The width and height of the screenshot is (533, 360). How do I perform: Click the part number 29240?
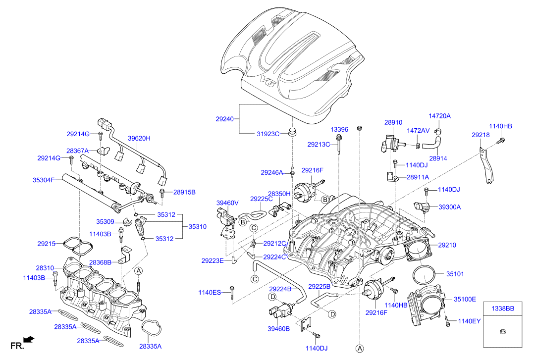(225, 119)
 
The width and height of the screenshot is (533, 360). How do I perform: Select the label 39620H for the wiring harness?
(139, 138)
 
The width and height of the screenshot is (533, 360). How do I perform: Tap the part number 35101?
(455, 274)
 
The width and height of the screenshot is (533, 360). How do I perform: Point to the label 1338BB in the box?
(503, 309)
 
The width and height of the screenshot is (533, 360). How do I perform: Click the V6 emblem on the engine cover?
(268, 81)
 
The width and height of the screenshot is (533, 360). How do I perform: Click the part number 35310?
(198, 227)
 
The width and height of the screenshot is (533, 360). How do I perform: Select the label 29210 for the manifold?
(447, 245)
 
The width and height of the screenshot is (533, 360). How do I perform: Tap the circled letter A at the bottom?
(360, 349)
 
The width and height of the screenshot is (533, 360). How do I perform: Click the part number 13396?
(340, 130)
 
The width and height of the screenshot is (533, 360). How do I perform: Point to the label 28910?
(393, 122)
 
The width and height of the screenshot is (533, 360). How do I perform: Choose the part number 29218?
(480, 135)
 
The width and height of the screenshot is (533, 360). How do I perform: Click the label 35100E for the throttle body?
(465, 300)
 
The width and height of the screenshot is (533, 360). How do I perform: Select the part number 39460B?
(278, 329)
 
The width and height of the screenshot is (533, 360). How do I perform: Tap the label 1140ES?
(210, 292)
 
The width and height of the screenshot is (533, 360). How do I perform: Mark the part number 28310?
(45, 268)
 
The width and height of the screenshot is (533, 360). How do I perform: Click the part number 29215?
(46, 244)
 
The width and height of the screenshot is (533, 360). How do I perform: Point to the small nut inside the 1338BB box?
(503, 331)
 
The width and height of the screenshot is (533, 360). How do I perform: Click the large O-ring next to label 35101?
(424, 275)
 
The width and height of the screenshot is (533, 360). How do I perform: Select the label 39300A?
(449, 207)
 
